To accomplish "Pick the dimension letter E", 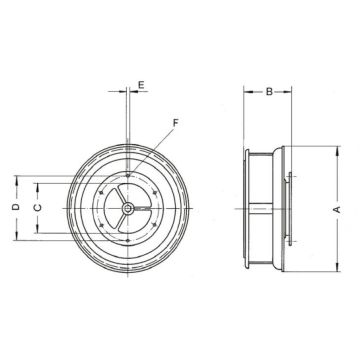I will click(x=141, y=86).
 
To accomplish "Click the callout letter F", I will click(x=175, y=123).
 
